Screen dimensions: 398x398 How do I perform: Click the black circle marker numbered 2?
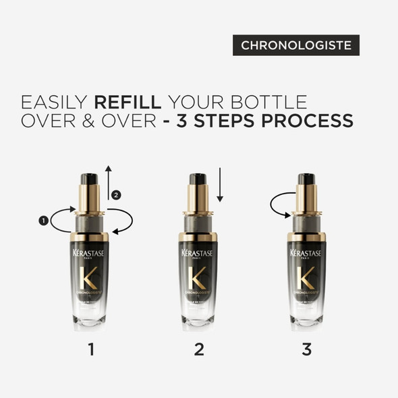tap(116, 195)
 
